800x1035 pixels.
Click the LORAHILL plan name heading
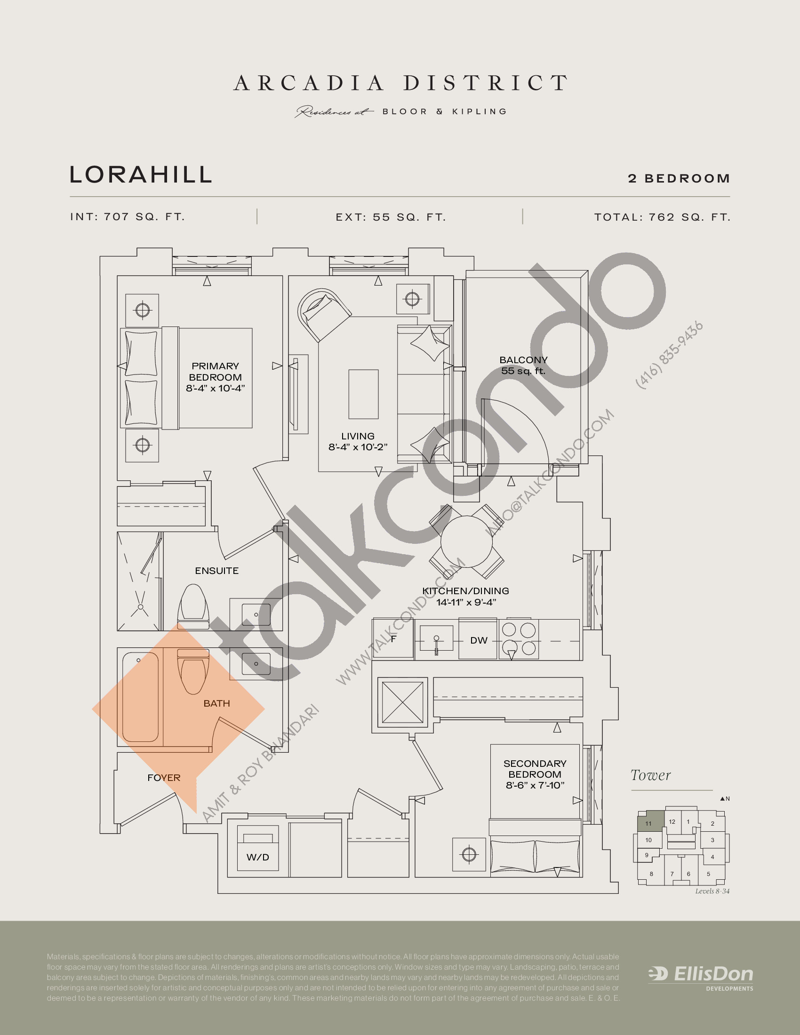tap(141, 175)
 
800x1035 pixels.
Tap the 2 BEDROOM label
tap(679, 179)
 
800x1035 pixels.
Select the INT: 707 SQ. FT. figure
tap(128, 217)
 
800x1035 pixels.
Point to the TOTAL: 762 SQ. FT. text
tap(662, 217)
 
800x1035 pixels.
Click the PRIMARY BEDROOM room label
tap(215, 377)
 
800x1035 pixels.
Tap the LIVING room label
tap(358, 441)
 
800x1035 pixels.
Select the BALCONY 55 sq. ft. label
tap(523, 366)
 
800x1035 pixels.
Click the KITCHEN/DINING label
tap(465, 596)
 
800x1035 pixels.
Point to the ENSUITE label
tap(216, 571)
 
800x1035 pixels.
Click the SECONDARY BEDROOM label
tap(535, 774)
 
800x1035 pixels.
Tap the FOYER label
tap(163, 778)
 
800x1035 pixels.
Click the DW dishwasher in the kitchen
tap(479, 640)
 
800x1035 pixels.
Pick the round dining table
tap(466, 541)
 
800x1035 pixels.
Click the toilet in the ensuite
tap(193, 606)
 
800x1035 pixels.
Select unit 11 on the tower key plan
tap(648, 823)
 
